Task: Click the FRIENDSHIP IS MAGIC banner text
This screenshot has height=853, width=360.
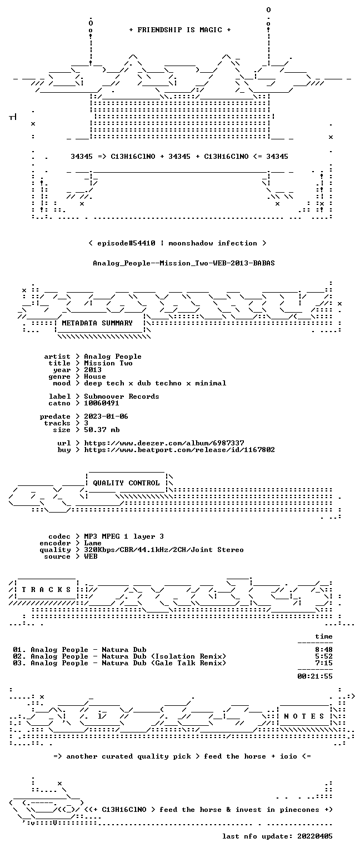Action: point(180,29)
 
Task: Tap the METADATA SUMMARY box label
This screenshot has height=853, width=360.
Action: point(97,323)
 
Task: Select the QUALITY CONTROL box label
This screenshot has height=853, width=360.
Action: point(126,483)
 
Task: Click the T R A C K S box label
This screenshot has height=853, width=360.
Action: point(46,590)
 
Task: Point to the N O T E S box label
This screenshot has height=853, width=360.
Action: point(304,716)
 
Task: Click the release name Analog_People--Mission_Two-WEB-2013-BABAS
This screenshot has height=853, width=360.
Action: point(184,263)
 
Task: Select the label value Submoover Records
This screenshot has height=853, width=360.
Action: point(122,397)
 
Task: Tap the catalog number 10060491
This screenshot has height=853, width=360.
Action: point(102,403)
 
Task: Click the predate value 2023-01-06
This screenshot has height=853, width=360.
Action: point(106,416)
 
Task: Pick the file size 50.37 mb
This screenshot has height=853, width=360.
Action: point(102,429)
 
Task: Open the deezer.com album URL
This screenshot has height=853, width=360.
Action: point(164,443)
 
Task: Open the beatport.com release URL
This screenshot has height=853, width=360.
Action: point(179,450)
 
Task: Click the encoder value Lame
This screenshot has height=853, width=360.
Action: point(93,543)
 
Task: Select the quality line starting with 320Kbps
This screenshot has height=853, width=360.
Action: point(164,550)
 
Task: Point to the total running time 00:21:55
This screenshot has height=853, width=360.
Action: point(315,676)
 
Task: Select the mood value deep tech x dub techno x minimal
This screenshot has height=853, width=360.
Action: point(155,383)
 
